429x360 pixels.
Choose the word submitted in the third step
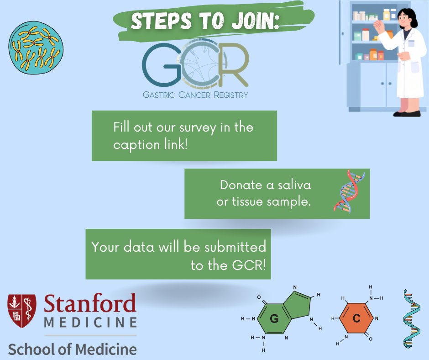[235, 247]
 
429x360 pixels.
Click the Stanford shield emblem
[22, 312]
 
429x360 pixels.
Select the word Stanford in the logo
[90, 304]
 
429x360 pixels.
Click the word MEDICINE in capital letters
[90, 323]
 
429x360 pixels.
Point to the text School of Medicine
[72, 349]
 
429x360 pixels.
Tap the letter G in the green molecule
[274, 319]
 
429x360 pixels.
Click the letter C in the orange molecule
[356, 319]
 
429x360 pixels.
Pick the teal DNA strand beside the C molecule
[411, 318]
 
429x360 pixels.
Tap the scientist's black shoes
[407, 113]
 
